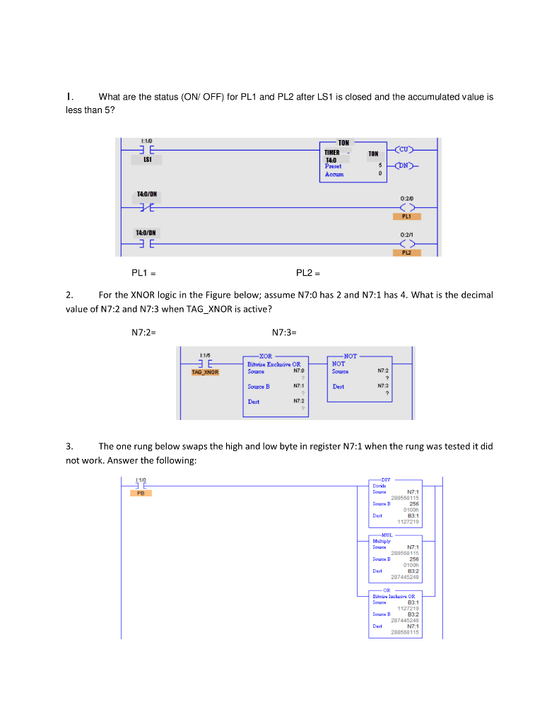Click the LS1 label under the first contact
click(148, 160)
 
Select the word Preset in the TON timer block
click(332, 166)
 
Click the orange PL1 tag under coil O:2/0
click(406, 216)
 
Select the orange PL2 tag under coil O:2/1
click(406, 252)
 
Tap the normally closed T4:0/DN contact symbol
click(147, 207)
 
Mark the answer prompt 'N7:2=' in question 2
click(143, 332)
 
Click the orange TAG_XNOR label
click(205, 372)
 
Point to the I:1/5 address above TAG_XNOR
click(205, 356)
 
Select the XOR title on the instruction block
click(265, 356)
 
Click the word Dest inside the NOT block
click(339, 387)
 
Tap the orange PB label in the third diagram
click(141, 493)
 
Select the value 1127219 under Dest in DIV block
click(408, 522)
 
